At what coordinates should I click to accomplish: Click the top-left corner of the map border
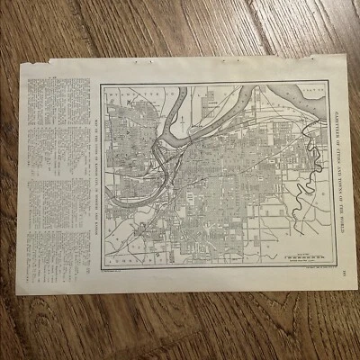tap(102, 85)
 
